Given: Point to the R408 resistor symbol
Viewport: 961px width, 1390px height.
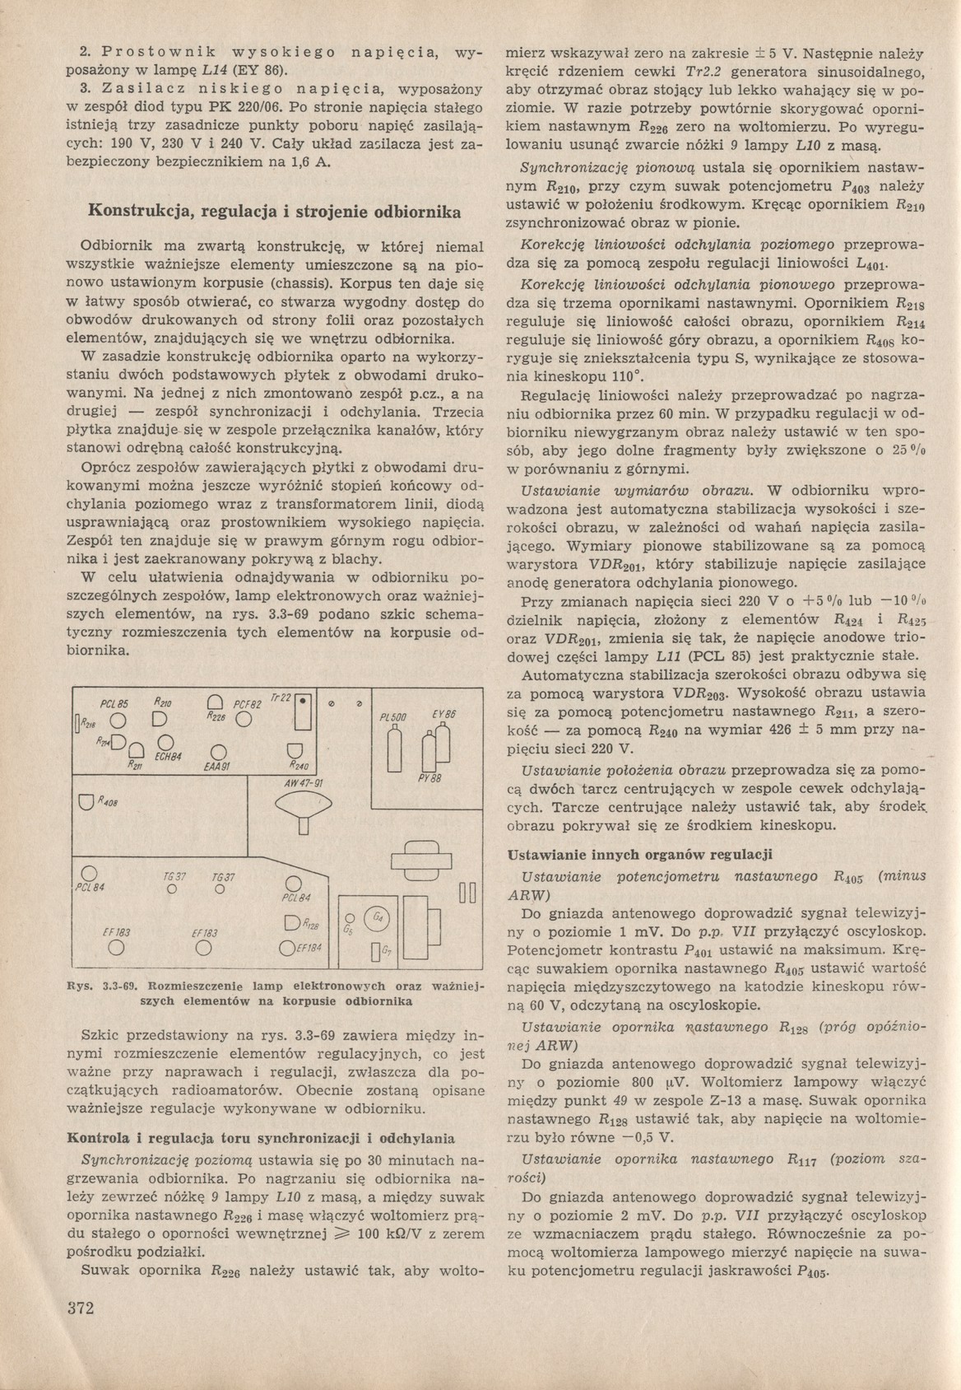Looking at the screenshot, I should [83, 801].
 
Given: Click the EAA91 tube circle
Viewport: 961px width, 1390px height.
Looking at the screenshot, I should [217, 752].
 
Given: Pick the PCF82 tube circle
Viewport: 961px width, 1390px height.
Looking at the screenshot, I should [243, 719].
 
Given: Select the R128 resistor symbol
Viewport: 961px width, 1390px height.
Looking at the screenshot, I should [292, 923].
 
